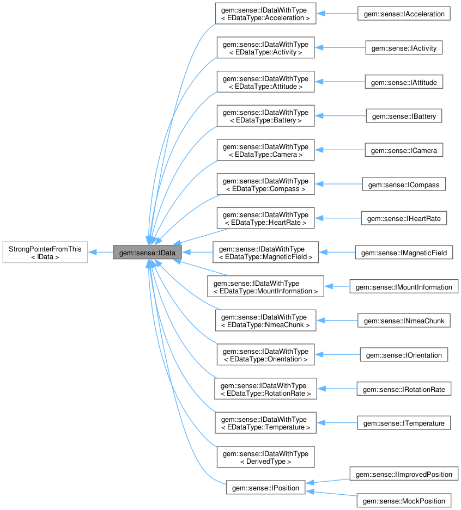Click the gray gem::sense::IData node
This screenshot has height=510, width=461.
(147, 253)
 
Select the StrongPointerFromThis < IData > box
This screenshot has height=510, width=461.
(45, 253)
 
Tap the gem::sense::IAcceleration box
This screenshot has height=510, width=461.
(404, 14)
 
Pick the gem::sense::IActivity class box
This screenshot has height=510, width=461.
(404, 48)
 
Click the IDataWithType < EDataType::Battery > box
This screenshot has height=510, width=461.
(265, 116)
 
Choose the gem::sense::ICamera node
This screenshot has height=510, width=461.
(404, 150)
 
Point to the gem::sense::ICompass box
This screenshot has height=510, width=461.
(404, 185)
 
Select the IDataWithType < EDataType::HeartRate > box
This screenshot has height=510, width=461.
(265, 218)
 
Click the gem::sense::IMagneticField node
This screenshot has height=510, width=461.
(404, 253)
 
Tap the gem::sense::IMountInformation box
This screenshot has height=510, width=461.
(404, 287)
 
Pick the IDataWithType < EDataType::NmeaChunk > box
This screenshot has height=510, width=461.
(265, 321)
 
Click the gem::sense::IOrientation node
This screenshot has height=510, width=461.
(404, 355)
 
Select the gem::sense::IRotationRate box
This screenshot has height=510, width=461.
(404, 389)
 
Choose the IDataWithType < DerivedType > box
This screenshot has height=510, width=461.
(265, 457)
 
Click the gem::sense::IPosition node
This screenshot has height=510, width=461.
(265, 488)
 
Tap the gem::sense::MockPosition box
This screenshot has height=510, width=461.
(404, 501)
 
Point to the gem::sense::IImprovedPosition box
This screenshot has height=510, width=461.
(404, 475)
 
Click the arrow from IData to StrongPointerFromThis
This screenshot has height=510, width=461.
(101, 253)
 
